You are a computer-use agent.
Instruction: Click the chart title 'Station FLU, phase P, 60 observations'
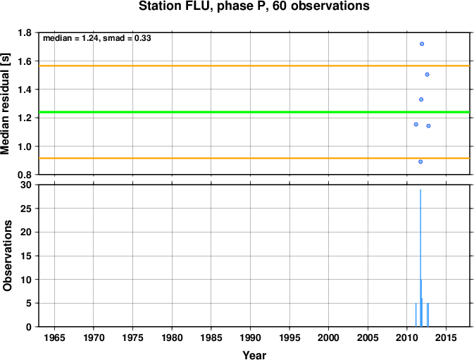click(x=254, y=6)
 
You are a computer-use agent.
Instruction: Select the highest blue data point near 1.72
click(x=422, y=44)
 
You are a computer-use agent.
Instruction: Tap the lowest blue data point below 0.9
click(x=420, y=162)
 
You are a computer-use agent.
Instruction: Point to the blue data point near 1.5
click(x=427, y=75)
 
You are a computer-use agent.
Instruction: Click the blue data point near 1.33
click(x=420, y=99)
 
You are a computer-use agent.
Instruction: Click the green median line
click(x=254, y=112)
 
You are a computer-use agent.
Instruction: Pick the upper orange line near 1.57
click(x=254, y=66)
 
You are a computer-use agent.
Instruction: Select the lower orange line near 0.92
click(x=254, y=158)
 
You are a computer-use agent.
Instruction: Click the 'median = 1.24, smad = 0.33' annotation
click(x=97, y=38)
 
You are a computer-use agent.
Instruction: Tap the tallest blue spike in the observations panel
click(x=420, y=258)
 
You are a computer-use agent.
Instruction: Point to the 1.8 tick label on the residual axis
click(x=25, y=32)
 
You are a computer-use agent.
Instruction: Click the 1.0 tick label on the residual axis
click(x=25, y=147)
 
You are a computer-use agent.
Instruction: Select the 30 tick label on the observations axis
click(x=25, y=185)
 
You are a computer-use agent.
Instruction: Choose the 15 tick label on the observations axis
click(x=25, y=256)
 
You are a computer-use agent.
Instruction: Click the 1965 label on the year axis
click(x=54, y=337)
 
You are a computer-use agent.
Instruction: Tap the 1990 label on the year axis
click(x=250, y=337)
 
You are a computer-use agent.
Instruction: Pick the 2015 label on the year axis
click(x=446, y=337)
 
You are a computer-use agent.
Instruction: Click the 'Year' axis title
click(x=254, y=355)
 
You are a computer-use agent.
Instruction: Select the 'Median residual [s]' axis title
click(x=6, y=104)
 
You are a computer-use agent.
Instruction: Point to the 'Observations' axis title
click(x=7, y=256)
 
